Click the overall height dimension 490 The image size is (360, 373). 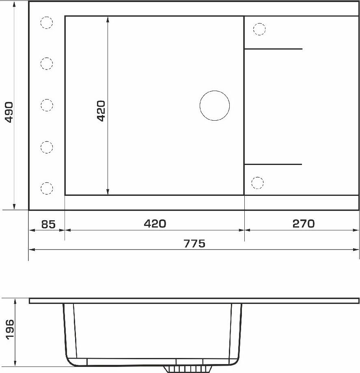pos(9,112)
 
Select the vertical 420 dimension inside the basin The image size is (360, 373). pos(101,111)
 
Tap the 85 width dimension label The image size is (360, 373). pos(48,224)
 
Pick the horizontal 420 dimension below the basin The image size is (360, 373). pos(155,223)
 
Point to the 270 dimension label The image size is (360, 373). pos(304,223)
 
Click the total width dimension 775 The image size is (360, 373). pos(194,244)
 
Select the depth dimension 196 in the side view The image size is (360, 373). pos(10,330)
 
